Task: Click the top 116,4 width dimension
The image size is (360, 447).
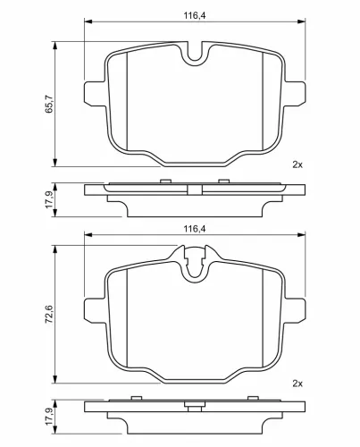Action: pos(195,15)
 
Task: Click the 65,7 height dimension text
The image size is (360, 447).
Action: pos(49,104)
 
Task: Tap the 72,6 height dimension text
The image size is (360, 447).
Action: pos(49,314)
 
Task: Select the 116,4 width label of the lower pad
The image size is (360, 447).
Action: pos(195,229)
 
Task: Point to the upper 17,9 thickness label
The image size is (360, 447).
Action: pos(49,199)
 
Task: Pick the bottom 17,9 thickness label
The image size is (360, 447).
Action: pos(49,417)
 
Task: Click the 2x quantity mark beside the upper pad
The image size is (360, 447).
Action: pos(297,164)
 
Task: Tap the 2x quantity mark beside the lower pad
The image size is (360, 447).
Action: pos(297,384)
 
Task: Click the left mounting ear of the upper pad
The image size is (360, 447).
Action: pos(95,93)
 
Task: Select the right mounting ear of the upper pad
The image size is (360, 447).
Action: pos(295,93)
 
